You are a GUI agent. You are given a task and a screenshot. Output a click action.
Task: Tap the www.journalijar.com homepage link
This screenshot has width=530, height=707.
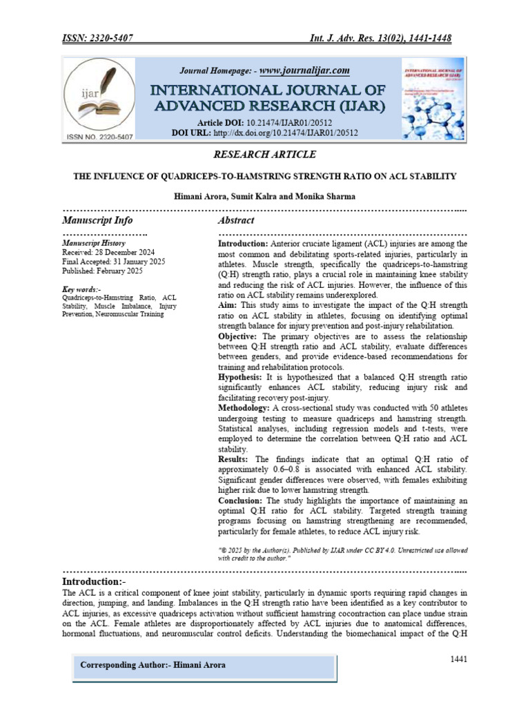pyautogui.click(x=304, y=70)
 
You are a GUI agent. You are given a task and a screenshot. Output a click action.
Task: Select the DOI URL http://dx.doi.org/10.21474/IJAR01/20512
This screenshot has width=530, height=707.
pyautogui.click(x=286, y=133)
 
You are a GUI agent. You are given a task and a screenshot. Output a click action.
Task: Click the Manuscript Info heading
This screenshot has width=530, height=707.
pyautogui.click(x=97, y=220)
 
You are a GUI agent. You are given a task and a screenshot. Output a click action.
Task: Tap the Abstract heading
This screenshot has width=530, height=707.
pyautogui.click(x=236, y=220)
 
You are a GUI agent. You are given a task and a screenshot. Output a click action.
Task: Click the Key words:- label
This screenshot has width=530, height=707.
pyautogui.click(x=82, y=289)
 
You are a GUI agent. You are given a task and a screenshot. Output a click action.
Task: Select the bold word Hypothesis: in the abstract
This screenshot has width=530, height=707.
pyautogui.click(x=239, y=378)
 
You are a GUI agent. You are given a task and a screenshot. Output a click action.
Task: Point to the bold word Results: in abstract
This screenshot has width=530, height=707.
pyautogui.click(x=234, y=459)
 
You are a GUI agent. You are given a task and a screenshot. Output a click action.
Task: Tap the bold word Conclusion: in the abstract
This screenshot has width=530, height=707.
pyautogui.click(x=240, y=500)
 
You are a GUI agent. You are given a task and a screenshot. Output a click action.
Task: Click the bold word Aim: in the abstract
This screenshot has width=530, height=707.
pyautogui.click(x=228, y=304)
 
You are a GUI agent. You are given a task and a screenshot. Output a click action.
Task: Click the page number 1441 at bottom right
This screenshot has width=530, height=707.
pyautogui.click(x=459, y=659)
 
